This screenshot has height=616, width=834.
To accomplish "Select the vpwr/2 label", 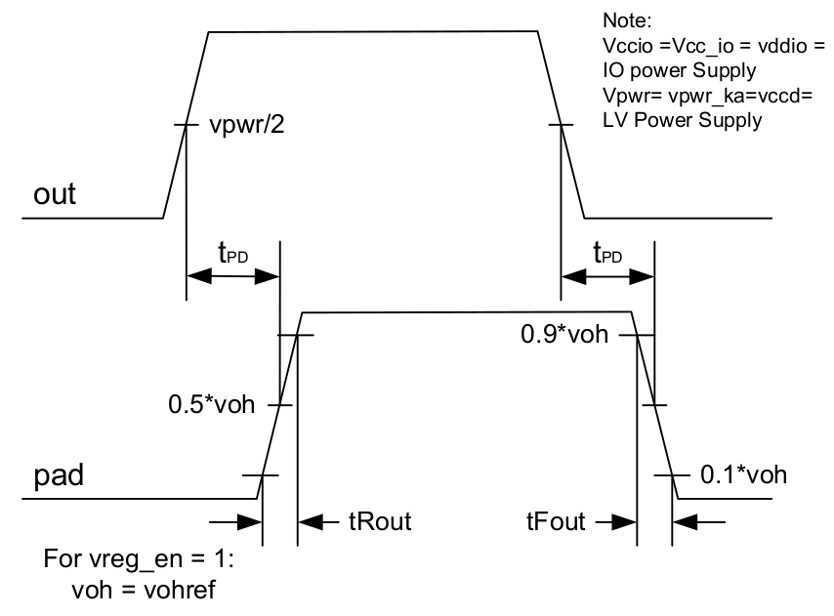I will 249,128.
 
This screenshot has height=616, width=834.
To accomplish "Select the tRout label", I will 380,522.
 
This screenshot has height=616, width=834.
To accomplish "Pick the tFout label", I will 554,522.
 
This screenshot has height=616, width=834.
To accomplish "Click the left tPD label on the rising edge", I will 232,255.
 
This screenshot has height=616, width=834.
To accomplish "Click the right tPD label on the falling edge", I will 608,255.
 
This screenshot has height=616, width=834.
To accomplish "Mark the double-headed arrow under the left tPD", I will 232,277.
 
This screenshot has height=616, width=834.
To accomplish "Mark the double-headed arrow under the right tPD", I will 607,277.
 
